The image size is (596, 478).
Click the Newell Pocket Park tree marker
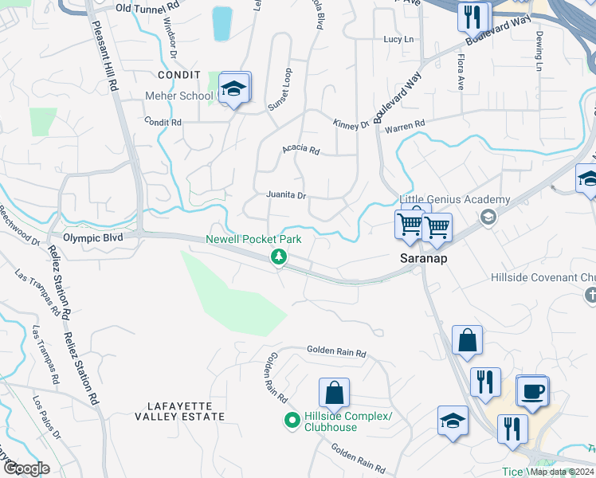279,257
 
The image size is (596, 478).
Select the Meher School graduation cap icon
233,89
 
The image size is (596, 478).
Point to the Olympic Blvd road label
81,237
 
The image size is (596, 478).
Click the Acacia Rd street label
300,150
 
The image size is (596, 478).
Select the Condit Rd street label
163,122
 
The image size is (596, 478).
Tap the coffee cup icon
532,392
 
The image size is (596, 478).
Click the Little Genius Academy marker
488,216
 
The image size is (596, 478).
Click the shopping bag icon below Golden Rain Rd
334,394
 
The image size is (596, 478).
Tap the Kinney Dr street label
351,122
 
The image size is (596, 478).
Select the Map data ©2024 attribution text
562,472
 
